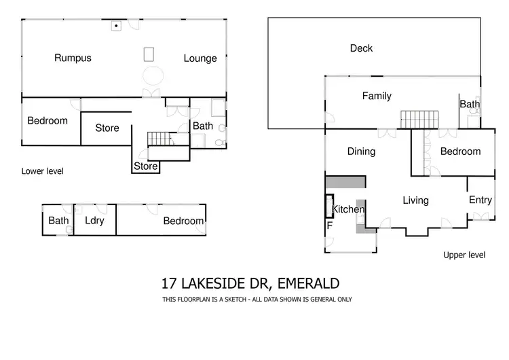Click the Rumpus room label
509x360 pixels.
coord(73,58)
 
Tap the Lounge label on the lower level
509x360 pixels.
coord(200,58)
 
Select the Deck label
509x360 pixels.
coord(361,48)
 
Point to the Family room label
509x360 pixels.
coord(377,96)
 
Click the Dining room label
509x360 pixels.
coord(361,151)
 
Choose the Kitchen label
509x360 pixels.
coord(347,210)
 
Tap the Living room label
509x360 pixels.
coord(415,200)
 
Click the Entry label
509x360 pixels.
coord(480,200)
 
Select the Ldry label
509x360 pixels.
coord(94,221)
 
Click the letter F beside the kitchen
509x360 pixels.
coord(330,225)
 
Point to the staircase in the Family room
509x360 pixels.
coord(416,120)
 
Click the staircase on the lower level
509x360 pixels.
coord(162,139)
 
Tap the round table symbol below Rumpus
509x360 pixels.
coord(152,75)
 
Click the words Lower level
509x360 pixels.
coord(42,171)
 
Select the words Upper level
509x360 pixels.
coord(464,255)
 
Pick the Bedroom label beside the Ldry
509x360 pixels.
coord(183,221)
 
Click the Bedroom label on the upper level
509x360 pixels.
coord(460,151)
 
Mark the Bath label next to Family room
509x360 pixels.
coord(470,105)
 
